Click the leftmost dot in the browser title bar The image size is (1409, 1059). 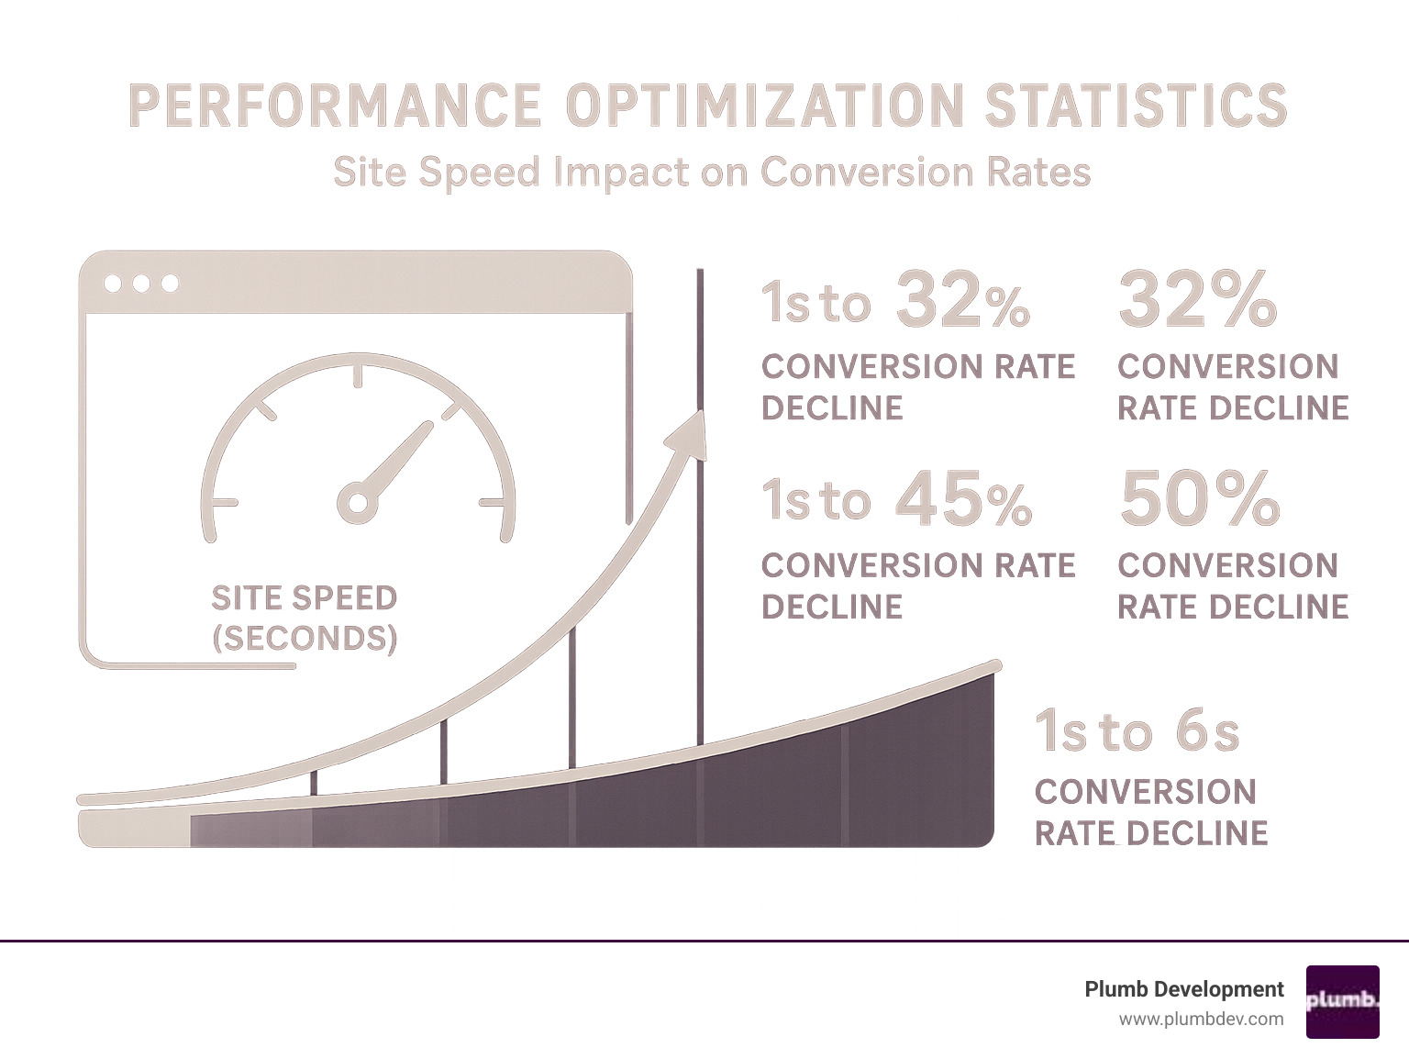(113, 284)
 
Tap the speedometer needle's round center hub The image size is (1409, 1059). (357, 503)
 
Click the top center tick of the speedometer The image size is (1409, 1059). (358, 376)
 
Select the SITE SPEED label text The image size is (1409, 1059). (304, 598)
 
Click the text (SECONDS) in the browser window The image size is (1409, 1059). (304, 639)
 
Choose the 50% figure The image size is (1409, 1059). (1198, 501)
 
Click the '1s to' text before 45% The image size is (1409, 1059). (815, 501)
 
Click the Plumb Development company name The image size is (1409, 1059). (1183, 989)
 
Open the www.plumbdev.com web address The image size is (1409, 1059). (1201, 1019)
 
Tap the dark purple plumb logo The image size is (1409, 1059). (1342, 1001)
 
